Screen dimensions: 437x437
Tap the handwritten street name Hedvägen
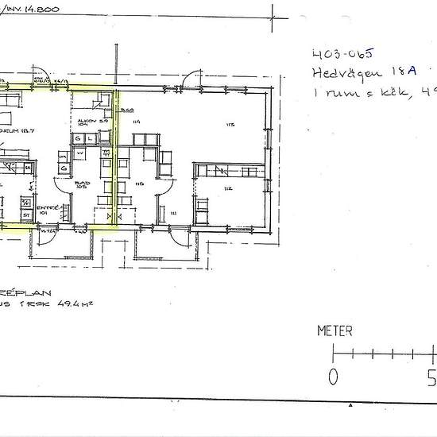(x=342, y=76)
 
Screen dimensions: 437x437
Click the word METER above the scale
(x=335, y=331)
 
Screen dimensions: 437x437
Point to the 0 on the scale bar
(x=334, y=375)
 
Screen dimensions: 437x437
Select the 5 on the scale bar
(x=431, y=375)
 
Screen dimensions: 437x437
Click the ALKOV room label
(x=87, y=121)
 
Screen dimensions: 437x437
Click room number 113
(x=231, y=124)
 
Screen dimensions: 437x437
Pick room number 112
(x=227, y=188)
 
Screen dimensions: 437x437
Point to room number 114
(x=137, y=121)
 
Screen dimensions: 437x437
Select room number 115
(x=139, y=184)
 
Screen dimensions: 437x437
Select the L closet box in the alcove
(x=91, y=140)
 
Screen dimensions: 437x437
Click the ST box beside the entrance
(x=25, y=215)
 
